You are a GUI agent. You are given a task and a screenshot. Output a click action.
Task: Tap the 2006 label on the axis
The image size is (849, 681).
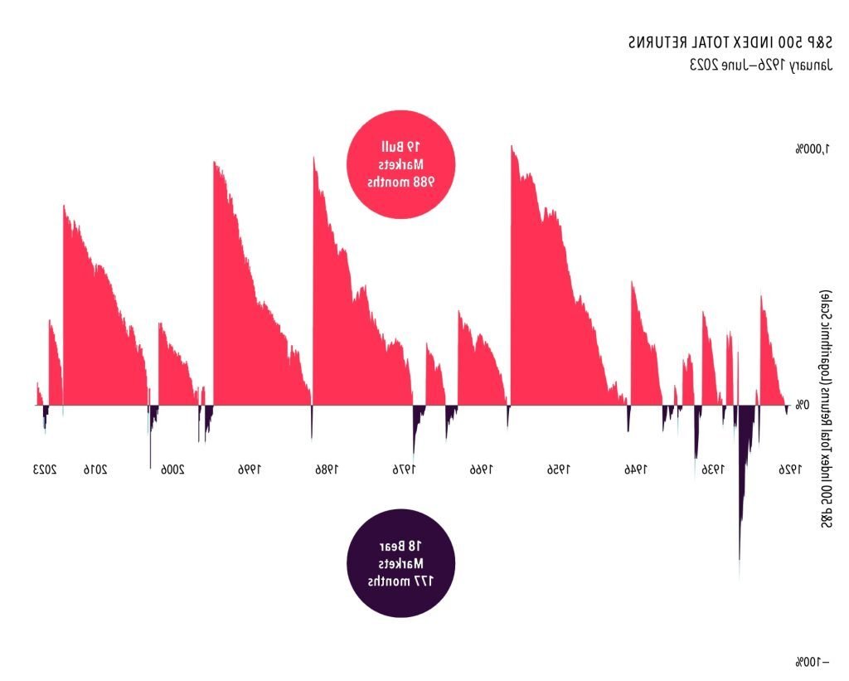(171, 469)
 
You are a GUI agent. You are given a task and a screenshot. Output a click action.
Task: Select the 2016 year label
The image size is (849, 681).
(95, 469)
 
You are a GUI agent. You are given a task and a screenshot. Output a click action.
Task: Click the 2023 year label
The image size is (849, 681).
(45, 469)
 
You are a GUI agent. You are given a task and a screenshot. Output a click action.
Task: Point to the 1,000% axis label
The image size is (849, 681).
(813, 149)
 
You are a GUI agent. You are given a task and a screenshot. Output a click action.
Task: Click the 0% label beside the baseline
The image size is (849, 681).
(802, 405)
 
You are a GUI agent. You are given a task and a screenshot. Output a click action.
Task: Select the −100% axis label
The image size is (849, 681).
(812, 661)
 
